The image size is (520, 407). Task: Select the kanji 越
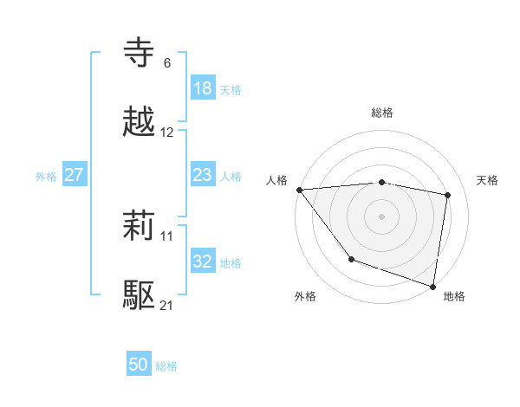140,123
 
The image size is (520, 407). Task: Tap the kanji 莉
140,228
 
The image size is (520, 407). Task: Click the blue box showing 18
203,88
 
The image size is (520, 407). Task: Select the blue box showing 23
203,175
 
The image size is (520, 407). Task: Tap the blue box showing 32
203,262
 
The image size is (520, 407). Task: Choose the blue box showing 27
75,175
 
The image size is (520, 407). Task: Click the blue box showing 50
139,365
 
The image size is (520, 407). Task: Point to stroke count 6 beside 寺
167,63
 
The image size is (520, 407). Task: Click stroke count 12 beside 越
167,132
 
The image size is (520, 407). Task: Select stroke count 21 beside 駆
167,306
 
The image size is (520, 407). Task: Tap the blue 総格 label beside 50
166,366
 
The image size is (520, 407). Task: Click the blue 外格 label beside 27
46,177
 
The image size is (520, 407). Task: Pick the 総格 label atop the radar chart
382,113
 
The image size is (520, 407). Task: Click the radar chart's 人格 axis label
277,179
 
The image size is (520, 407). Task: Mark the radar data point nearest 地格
432,285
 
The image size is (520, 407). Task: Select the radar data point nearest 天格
448,195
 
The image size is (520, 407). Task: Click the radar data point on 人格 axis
299,190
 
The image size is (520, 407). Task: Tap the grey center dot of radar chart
382,216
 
